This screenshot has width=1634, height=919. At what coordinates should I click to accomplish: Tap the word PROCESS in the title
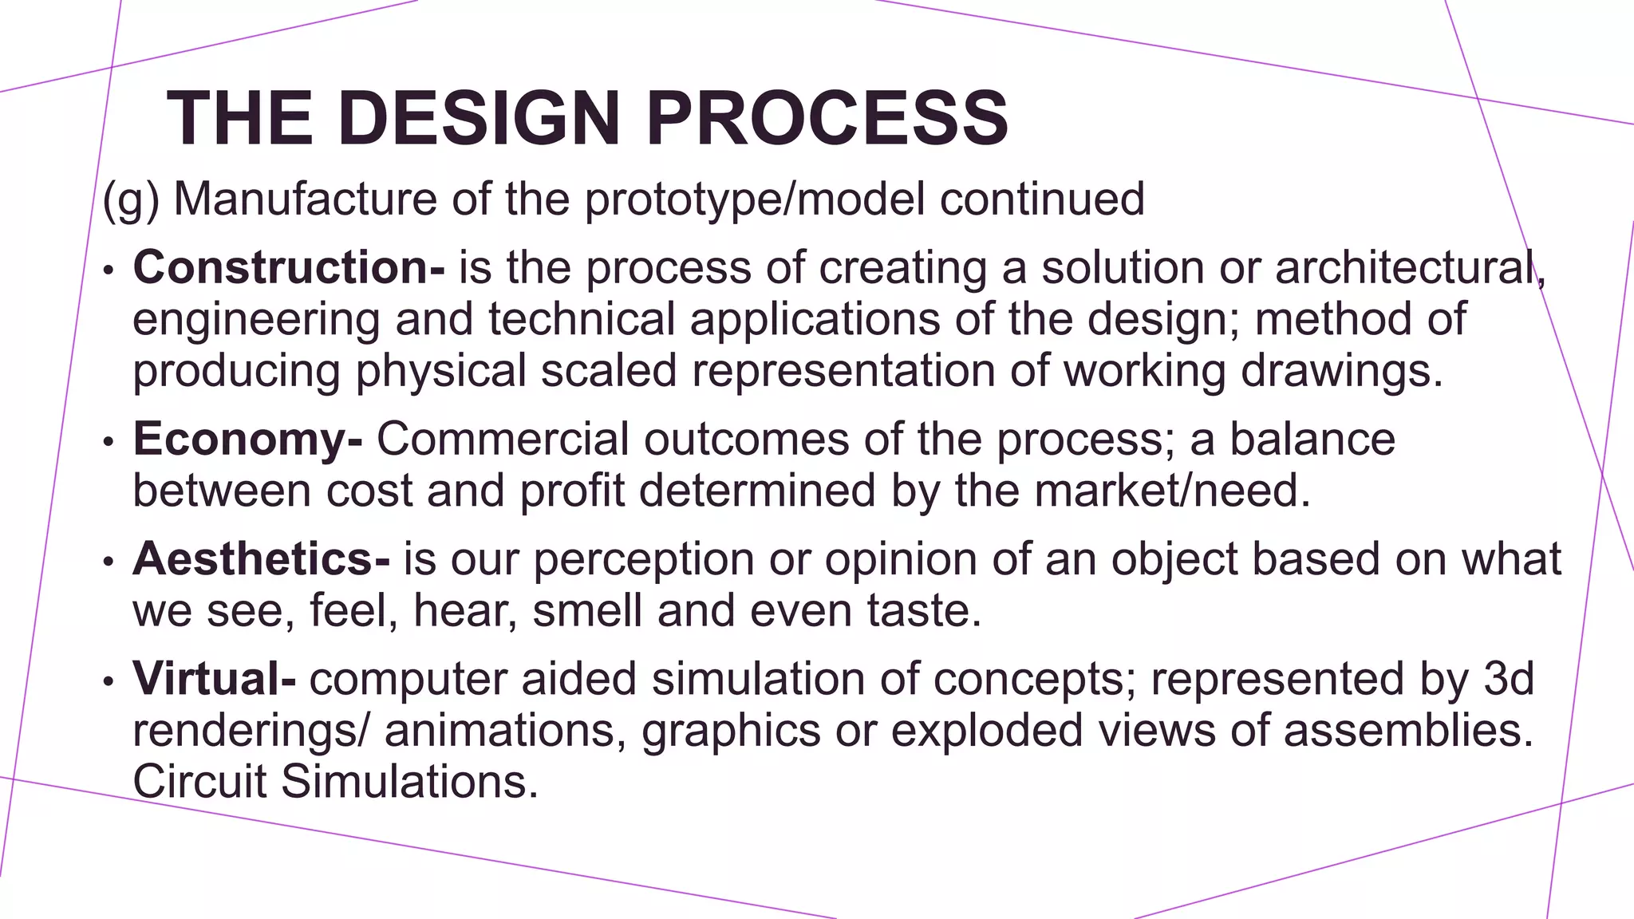pyautogui.click(x=827, y=118)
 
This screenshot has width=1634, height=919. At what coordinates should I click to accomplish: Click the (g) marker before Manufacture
pyautogui.click(x=131, y=199)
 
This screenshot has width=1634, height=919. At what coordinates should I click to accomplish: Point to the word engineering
pyautogui.click(x=256, y=320)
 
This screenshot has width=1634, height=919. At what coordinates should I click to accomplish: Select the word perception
pyautogui.click(x=643, y=560)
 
